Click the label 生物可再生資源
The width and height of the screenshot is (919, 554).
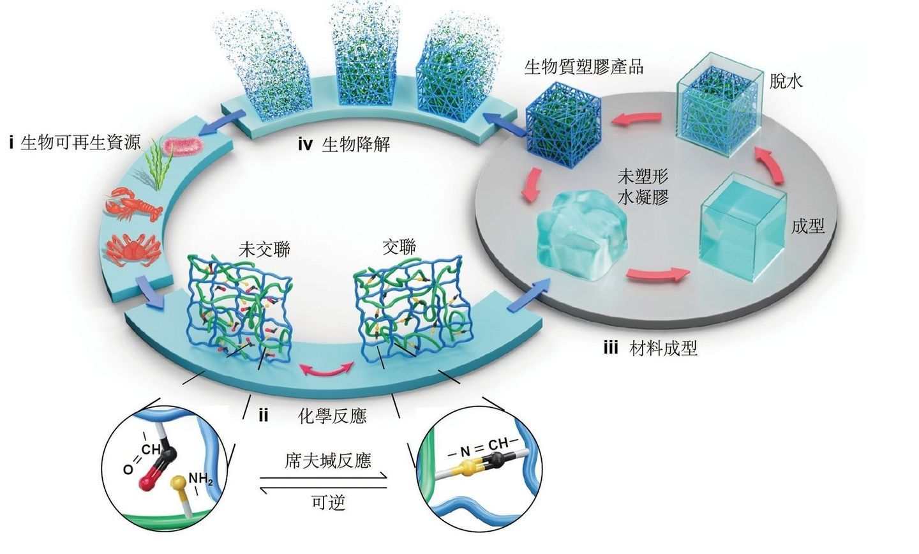coord(80,142)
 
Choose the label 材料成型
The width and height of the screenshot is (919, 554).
coord(663,348)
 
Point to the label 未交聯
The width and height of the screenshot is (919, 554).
coord(264,248)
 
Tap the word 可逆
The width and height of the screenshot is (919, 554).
coord(328,502)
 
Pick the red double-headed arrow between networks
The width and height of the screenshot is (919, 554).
coord(327,370)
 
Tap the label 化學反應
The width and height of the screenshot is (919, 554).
coord(332,416)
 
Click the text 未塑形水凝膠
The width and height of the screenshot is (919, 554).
coord(643,186)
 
